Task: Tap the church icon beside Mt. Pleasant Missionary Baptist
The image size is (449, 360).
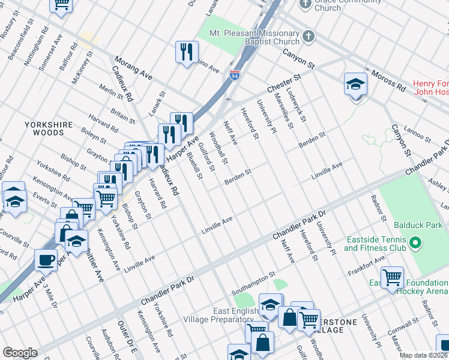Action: tap(309, 37)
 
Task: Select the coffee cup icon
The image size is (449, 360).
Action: tap(46, 260)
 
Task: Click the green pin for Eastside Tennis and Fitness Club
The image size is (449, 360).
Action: tap(414, 244)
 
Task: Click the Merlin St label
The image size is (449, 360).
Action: tap(112, 95)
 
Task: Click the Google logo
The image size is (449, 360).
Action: tap(20, 353)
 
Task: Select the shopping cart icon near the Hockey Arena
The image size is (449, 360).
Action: tap(392, 277)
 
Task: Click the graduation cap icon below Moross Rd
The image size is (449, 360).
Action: tap(355, 83)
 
